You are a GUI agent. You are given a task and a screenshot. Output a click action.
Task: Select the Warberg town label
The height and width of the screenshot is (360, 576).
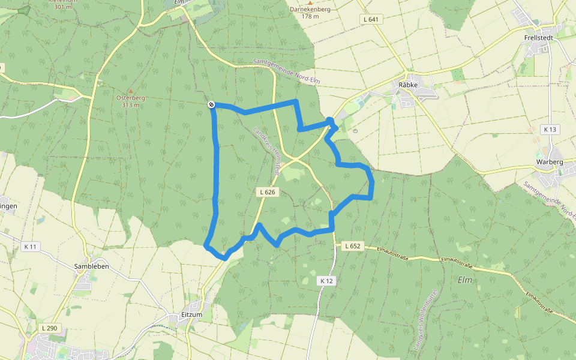click(549, 162)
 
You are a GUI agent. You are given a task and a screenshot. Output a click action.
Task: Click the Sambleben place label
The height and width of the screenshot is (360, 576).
click(91, 266)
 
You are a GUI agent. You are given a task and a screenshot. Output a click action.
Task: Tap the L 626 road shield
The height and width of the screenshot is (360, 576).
click(268, 192)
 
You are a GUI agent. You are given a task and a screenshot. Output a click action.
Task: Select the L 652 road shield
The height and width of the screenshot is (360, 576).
click(352, 246)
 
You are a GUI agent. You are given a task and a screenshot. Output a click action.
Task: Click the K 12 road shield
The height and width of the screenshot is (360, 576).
click(326, 280)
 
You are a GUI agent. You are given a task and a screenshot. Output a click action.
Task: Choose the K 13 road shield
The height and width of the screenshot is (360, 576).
click(549, 130)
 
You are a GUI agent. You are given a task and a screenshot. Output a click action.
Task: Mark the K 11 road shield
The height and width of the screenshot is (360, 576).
click(31, 247)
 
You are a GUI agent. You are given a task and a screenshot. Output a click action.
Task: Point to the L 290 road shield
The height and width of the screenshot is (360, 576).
click(50, 328)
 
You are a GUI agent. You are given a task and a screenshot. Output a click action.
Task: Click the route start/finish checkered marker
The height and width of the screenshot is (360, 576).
click(211, 105)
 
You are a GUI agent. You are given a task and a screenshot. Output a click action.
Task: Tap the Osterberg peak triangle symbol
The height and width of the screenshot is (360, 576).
click(130, 90)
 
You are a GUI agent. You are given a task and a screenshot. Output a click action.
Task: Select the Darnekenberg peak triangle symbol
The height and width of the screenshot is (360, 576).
click(310, 3)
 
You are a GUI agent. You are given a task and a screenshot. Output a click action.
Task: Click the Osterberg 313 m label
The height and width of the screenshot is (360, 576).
click(130, 101)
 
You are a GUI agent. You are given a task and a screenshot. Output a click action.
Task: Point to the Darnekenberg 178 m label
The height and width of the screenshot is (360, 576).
click(310, 13)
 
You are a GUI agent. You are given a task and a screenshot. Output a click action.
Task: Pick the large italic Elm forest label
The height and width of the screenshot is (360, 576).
click(465, 280)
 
